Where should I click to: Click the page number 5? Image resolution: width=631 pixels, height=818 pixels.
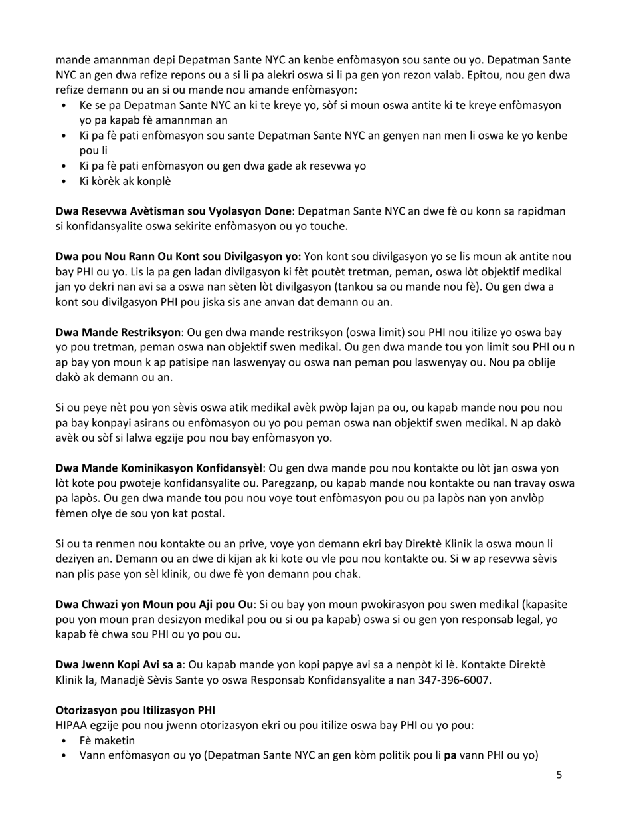pos(559,774)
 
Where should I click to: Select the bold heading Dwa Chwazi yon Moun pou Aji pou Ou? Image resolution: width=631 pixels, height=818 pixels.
pos(154,604)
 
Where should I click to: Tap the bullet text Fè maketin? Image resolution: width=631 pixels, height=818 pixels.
pos(107,740)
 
